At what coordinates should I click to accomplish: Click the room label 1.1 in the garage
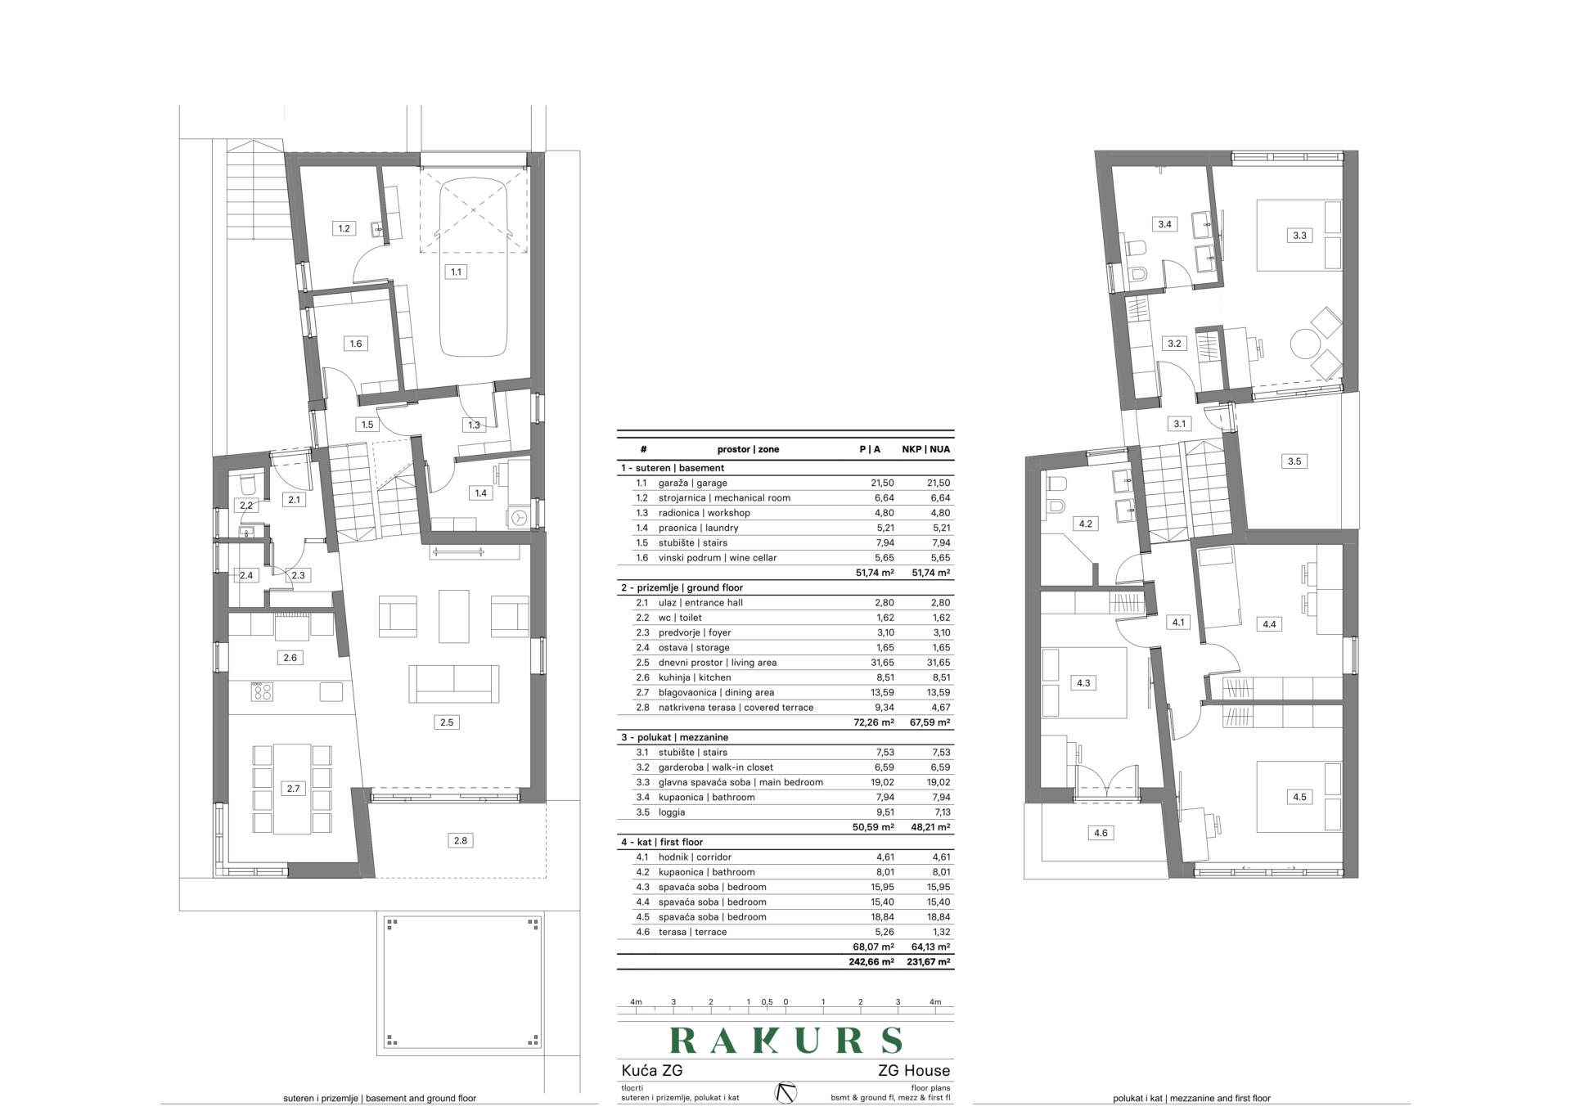(456, 272)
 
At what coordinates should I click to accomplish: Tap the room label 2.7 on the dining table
(293, 789)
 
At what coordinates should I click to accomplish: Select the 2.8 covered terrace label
(461, 840)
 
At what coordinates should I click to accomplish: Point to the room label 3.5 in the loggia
(1294, 461)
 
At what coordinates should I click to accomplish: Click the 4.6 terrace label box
(1101, 833)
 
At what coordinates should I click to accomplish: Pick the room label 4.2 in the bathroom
(1085, 524)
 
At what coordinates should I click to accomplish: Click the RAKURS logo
(785, 1040)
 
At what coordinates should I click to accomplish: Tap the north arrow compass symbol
(785, 1092)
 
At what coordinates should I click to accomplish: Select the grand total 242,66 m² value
(871, 962)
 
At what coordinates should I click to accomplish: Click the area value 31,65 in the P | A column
(883, 663)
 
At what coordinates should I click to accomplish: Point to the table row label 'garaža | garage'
(692, 484)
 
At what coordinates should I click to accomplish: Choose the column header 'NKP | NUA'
(926, 449)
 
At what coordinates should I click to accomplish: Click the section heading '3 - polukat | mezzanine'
(674, 737)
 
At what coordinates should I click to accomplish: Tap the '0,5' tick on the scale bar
(767, 1001)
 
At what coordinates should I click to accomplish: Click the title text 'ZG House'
(914, 1070)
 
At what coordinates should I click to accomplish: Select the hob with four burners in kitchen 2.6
(262, 692)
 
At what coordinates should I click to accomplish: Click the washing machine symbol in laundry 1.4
(518, 517)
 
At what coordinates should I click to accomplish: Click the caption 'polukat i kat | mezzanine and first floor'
(1191, 1099)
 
